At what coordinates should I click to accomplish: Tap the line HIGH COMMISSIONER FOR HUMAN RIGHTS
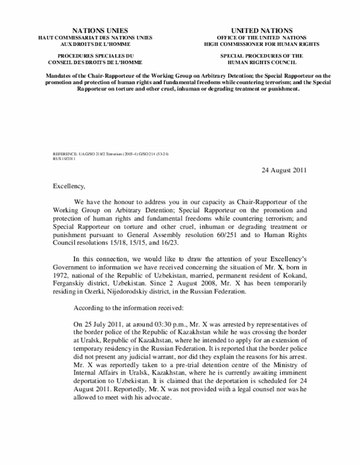tap(262, 43)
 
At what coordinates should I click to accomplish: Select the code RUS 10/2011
tap(64, 158)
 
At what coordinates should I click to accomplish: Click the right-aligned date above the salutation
tap(284, 171)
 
